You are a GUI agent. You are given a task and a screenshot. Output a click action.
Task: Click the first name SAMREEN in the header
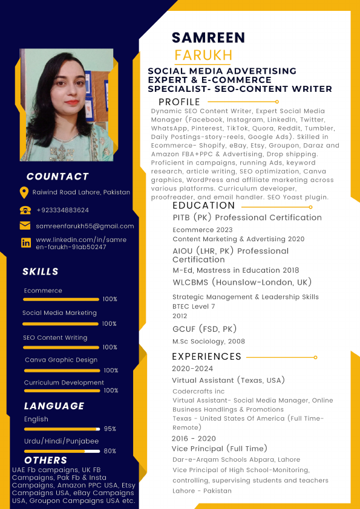(x=208, y=37)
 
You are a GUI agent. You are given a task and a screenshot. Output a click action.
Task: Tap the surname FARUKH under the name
(x=203, y=56)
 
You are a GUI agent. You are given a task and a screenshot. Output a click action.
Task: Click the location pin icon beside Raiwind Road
(x=24, y=192)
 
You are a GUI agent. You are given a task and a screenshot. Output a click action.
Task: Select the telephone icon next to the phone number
(x=25, y=210)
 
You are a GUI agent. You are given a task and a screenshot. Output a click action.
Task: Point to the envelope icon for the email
(x=25, y=226)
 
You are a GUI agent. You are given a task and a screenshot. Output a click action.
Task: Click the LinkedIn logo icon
(x=25, y=243)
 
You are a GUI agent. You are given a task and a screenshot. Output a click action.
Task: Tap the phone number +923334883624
(x=62, y=210)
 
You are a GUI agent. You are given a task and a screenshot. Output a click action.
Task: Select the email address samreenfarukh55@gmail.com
(x=85, y=226)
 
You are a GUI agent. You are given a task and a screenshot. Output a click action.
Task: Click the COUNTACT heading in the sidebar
(x=57, y=177)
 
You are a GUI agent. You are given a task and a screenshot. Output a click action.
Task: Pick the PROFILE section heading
(x=179, y=102)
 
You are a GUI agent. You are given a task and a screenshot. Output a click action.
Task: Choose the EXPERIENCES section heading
(x=206, y=357)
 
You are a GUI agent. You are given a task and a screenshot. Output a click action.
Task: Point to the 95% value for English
(x=110, y=429)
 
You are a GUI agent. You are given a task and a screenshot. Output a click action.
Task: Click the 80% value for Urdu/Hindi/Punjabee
(x=110, y=451)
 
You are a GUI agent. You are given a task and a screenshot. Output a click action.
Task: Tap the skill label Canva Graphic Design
(x=61, y=360)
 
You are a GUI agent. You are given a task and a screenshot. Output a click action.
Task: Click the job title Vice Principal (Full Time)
(x=219, y=449)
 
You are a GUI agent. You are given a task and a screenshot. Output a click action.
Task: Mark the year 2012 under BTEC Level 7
(x=180, y=316)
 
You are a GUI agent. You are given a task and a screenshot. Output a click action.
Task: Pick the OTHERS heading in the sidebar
(x=46, y=461)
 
